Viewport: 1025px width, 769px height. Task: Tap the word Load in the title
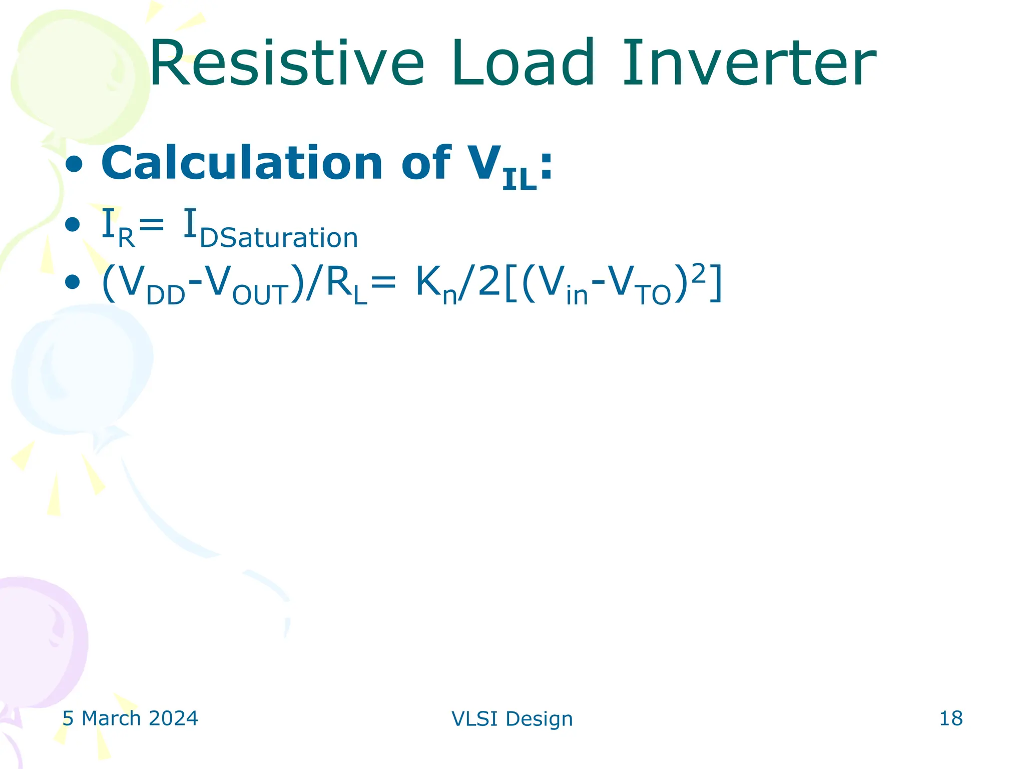click(x=523, y=64)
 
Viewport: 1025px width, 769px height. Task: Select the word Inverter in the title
click(x=749, y=64)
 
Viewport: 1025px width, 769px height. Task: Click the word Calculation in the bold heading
click(x=242, y=163)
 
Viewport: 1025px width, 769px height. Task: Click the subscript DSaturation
click(x=279, y=238)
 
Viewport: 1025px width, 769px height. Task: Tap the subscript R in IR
click(x=126, y=238)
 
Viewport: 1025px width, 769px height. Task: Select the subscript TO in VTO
click(x=654, y=295)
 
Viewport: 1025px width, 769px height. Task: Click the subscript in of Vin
click(x=577, y=295)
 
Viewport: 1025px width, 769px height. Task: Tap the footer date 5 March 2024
click(x=130, y=718)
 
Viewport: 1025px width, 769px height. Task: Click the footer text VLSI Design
click(x=512, y=719)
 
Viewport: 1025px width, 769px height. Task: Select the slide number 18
click(x=951, y=718)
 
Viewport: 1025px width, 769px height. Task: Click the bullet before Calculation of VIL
click(x=74, y=165)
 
